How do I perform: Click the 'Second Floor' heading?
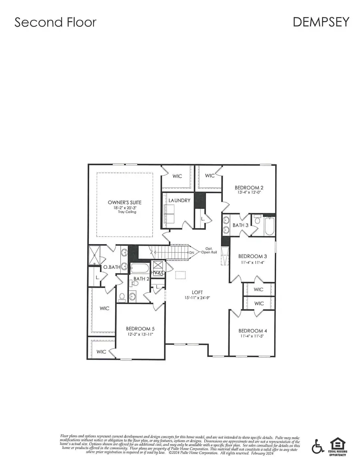[x=55, y=22]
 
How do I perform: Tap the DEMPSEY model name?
[x=320, y=22]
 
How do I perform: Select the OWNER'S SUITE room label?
[x=124, y=202]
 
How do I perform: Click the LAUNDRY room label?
[x=179, y=200]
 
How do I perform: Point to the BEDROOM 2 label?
[x=249, y=187]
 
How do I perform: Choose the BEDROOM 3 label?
[x=252, y=256]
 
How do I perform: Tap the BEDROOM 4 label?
[x=252, y=331]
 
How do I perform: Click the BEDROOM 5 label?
[x=140, y=328]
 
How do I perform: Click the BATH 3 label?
[x=240, y=225]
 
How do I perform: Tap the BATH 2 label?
[x=141, y=279]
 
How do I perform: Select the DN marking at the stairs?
[x=192, y=253]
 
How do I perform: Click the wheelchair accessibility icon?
[x=318, y=447]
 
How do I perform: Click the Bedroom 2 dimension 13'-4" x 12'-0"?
[x=249, y=193]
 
